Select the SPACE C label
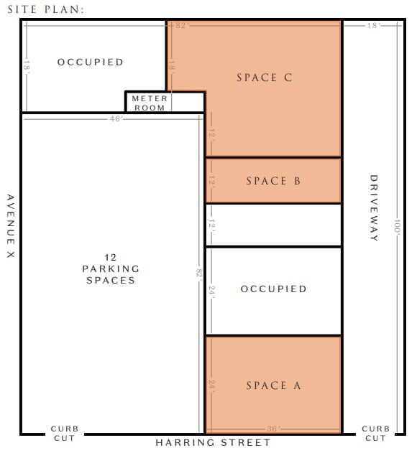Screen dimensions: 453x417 [x=265, y=78]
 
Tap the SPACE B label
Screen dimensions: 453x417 [x=273, y=181]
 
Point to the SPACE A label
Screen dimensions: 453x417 [x=273, y=386]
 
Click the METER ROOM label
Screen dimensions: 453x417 [x=150, y=103]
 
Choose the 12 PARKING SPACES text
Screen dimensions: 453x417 [x=111, y=268]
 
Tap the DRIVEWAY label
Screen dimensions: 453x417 [x=373, y=208]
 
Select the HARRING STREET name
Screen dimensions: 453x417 [x=213, y=443]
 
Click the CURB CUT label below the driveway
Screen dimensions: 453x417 [x=375, y=433]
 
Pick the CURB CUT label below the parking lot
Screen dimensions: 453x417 [x=64, y=433]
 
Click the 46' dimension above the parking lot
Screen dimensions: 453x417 [x=116, y=119]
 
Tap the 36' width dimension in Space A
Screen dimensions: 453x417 [x=272, y=429]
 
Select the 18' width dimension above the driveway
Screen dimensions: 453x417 [x=372, y=26]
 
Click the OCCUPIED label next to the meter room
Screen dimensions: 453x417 [x=91, y=62]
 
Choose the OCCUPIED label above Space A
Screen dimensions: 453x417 [x=273, y=289]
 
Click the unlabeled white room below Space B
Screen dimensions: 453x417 [x=273, y=225]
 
